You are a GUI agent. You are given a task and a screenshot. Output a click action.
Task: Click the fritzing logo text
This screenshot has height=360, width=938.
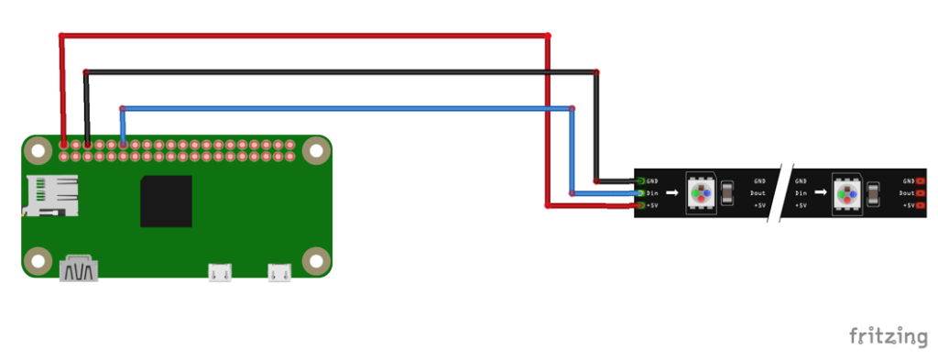click(x=887, y=335)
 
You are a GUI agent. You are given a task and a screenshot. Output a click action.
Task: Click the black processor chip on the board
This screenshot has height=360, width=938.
click(x=166, y=202)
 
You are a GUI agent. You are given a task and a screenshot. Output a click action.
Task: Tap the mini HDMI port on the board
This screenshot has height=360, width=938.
click(x=79, y=270)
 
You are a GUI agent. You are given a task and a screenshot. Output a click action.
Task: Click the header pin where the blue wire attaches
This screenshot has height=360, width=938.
click(x=123, y=145)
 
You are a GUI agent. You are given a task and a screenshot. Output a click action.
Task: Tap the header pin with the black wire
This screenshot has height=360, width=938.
click(x=87, y=145)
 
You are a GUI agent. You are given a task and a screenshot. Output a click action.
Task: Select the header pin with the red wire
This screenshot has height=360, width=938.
click(x=63, y=145)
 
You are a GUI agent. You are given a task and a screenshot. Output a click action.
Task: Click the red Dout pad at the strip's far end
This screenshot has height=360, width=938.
click(x=920, y=193)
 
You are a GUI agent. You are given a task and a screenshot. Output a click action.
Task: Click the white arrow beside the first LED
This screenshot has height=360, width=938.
click(x=671, y=193)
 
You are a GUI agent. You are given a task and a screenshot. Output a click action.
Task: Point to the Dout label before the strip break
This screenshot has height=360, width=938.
click(x=759, y=193)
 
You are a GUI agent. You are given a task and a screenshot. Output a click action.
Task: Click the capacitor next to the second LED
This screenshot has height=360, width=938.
click(x=873, y=193)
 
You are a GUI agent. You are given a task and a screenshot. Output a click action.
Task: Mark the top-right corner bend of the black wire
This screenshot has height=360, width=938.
click(x=596, y=71)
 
